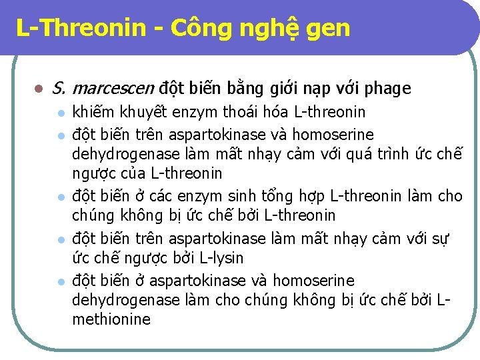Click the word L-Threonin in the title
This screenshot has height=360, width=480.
coord(81,28)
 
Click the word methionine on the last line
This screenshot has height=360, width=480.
coord(111,319)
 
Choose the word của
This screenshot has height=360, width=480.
coord(130,175)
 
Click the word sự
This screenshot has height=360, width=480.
coord(441,237)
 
